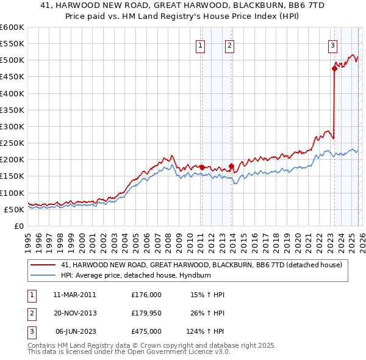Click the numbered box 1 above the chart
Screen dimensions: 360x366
[201, 45]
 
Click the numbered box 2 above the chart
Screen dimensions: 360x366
[229, 45]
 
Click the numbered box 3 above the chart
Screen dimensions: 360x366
[332, 45]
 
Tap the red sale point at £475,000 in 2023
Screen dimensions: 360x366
[334, 69]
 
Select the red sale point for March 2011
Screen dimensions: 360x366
[202, 167]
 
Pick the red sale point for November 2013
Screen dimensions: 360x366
[231, 166]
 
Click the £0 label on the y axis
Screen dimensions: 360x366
[18, 226]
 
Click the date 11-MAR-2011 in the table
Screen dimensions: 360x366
[74, 295]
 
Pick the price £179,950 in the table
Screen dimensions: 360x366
[146, 314]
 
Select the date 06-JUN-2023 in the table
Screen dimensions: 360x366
[76, 333]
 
